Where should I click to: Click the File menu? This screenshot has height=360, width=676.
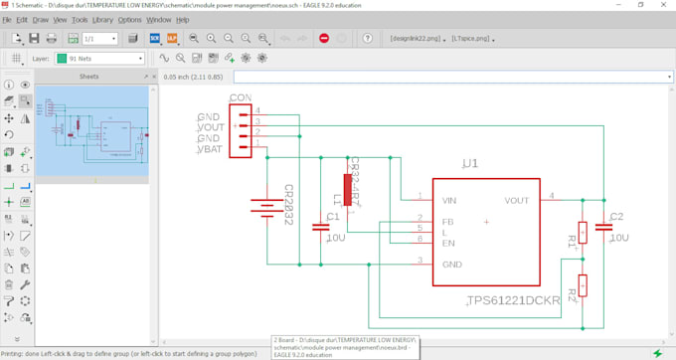[x=7, y=20]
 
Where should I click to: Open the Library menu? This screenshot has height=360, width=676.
[x=102, y=20]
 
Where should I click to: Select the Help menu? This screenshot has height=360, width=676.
[x=183, y=20]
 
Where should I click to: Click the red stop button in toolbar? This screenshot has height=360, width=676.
[x=324, y=38]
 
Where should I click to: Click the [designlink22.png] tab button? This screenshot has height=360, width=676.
[x=411, y=38]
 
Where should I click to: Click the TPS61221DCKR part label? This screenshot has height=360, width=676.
[x=514, y=300]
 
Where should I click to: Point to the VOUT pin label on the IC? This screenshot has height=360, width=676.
[x=517, y=201]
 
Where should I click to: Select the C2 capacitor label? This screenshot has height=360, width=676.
[x=616, y=216]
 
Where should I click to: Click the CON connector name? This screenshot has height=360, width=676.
[x=240, y=97]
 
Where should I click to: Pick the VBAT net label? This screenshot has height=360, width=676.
[x=212, y=149]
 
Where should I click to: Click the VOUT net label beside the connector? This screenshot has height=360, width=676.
[x=212, y=127]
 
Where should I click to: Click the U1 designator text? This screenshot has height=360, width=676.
[x=470, y=163]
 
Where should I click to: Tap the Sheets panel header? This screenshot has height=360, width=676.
[x=89, y=77]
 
